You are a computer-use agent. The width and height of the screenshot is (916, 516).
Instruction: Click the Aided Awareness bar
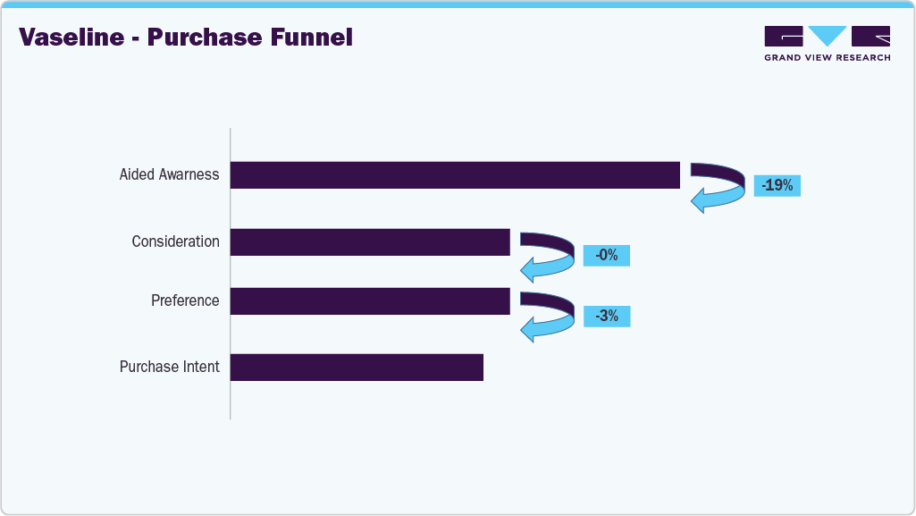[x=455, y=175]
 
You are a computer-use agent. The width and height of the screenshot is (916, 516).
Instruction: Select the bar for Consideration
[x=370, y=242]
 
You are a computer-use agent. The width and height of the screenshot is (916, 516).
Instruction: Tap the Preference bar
[x=370, y=301]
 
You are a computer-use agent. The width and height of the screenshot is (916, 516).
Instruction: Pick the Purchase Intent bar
[x=357, y=368]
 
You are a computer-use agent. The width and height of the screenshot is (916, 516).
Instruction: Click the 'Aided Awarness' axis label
[x=169, y=175]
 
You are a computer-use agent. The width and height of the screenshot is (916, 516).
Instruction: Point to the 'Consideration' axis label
[x=175, y=241]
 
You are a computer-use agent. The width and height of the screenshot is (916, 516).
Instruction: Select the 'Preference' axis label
[x=185, y=301]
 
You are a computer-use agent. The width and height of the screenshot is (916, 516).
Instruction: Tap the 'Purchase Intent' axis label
[x=169, y=368]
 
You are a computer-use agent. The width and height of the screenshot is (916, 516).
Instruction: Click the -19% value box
[x=777, y=186]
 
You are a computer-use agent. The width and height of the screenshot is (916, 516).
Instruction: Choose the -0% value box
[x=607, y=256]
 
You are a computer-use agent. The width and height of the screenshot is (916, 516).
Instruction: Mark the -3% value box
[x=607, y=316]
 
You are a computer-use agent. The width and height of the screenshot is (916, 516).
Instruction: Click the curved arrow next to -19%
[x=720, y=188]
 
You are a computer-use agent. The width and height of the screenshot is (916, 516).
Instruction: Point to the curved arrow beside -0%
[x=549, y=257]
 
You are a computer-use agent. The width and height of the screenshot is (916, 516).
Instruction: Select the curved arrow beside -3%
[x=549, y=317]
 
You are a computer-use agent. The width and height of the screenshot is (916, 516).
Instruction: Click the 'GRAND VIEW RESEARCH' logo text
[x=827, y=58]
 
